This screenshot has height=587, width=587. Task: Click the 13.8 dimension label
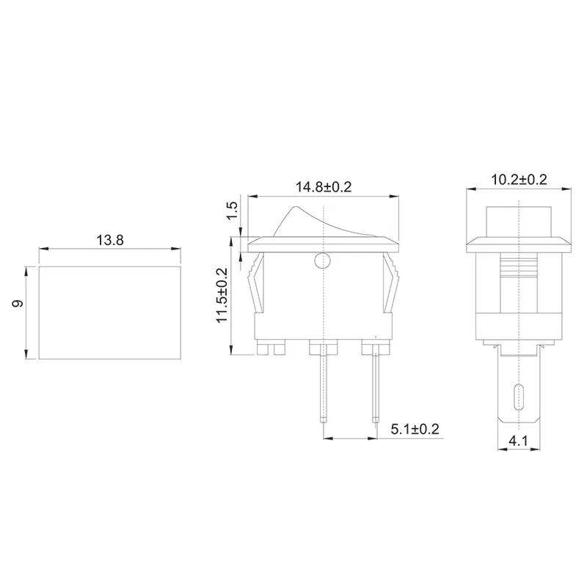[x=109, y=240]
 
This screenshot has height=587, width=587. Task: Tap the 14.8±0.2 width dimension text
[x=324, y=187]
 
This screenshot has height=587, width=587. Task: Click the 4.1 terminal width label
[x=519, y=442]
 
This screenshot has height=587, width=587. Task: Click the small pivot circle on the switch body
[x=321, y=260]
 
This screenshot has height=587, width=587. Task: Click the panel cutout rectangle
[x=109, y=313]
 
